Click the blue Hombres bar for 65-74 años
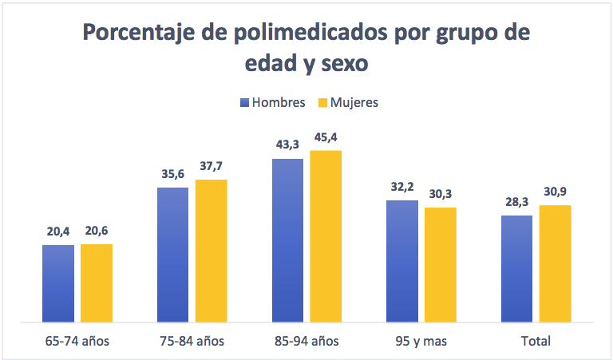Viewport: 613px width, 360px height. tap(58, 283)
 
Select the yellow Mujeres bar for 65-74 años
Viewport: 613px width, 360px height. tap(97, 283)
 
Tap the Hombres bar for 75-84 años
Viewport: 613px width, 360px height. tap(173, 255)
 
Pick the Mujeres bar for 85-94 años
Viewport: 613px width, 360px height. tap(326, 236)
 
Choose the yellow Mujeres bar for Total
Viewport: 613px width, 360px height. tap(556, 263)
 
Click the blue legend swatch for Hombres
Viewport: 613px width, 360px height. tap(245, 103)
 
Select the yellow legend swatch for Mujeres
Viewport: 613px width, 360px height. tap(323, 103)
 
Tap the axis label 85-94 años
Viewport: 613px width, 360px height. tap(306, 342)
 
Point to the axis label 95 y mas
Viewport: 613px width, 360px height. tap(421, 342)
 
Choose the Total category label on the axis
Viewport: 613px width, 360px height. tap(536, 342)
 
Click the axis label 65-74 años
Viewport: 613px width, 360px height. tap(77, 342)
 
